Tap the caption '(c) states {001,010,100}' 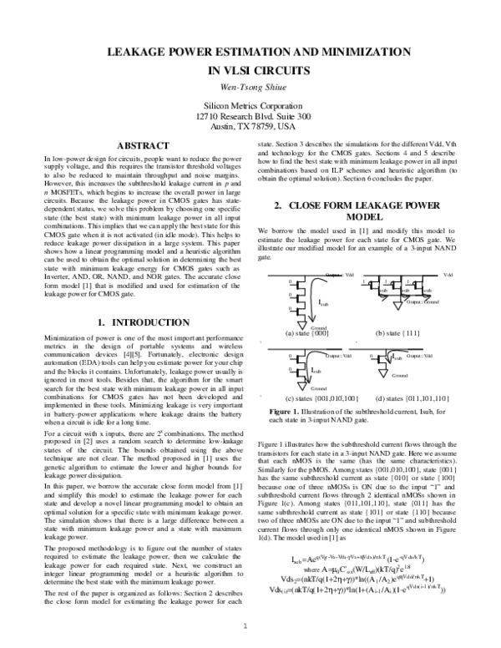[x=310, y=398]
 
